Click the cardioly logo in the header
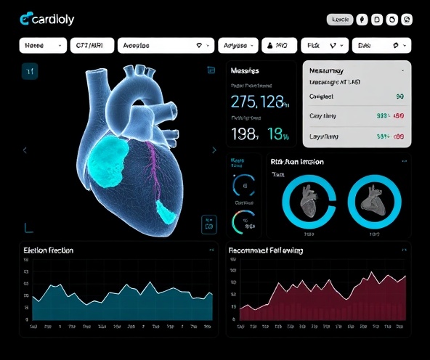click(47, 19)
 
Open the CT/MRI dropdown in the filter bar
click(90, 45)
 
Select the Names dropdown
click(42, 45)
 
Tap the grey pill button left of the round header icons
click(340, 20)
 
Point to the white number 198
click(245, 134)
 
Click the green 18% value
click(279, 134)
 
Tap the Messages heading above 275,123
click(246, 71)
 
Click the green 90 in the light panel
click(399, 97)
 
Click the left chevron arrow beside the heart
click(25, 150)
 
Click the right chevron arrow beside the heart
click(214, 150)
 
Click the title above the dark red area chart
click(266, 250)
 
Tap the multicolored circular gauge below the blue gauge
click(243, 221)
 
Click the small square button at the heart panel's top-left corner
click(29, 70)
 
